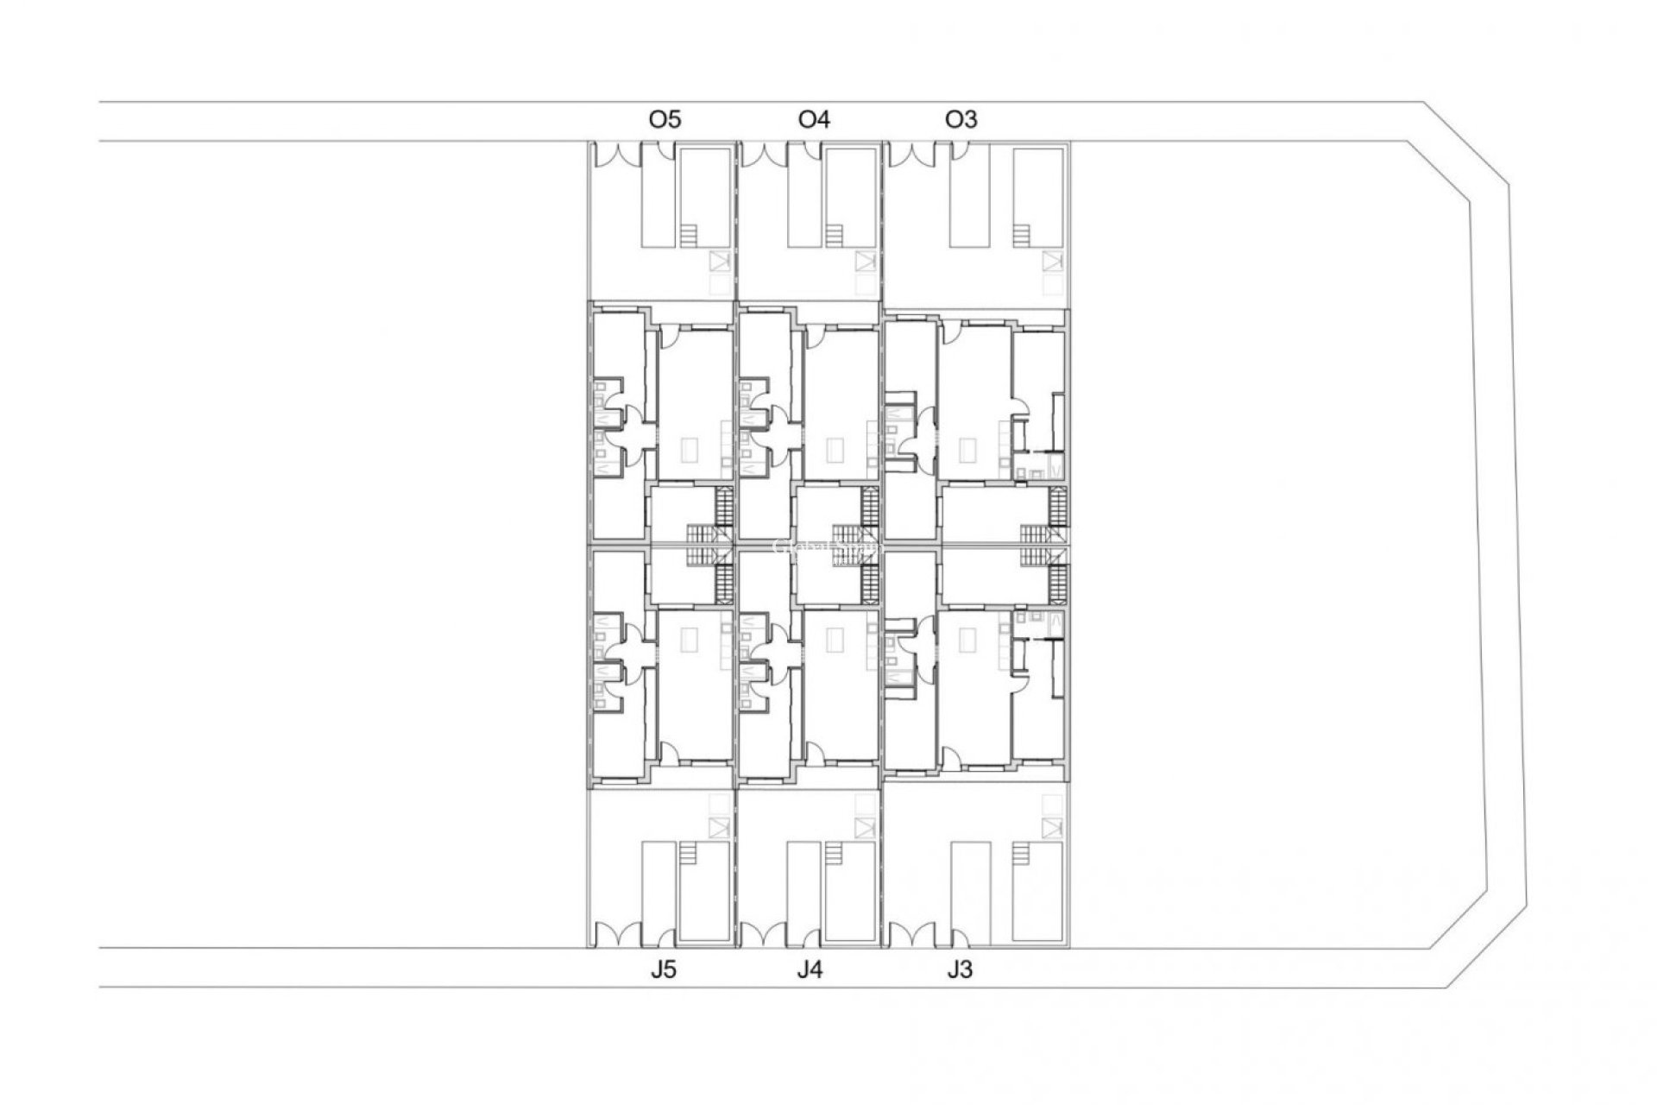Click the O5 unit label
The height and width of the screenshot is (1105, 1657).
pyautogui.click(x=665, y=119)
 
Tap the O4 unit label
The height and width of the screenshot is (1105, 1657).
pyautogui.click(x=814, y=119)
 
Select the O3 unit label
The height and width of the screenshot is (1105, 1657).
pyautogui.click(x=961, y=119)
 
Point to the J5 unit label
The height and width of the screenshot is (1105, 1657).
pyautogui.click(x=664, y=970)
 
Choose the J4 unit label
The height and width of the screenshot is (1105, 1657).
pyautogui.click(x=810, y=970)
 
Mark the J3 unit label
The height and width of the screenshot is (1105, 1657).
pyautogui.click(x=959, y=970)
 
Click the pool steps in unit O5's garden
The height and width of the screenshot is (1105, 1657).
pyautogui.click(x=688, y=235)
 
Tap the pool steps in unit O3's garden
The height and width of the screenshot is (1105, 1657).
pyautogui.click(x=1022, y=235)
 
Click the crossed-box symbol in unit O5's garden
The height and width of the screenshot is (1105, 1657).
pyautogui.click(x=719, y=261)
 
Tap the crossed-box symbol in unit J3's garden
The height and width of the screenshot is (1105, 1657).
pyautogui.click(x=1051, y=828)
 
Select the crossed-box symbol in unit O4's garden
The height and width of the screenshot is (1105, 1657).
pyautogui.click(x=865, y=261)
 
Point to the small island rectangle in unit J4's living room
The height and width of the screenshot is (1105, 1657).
pyautogui.click(x=835, y=640)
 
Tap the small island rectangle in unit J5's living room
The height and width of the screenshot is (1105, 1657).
pyautogui.click(x=690, y=640)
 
